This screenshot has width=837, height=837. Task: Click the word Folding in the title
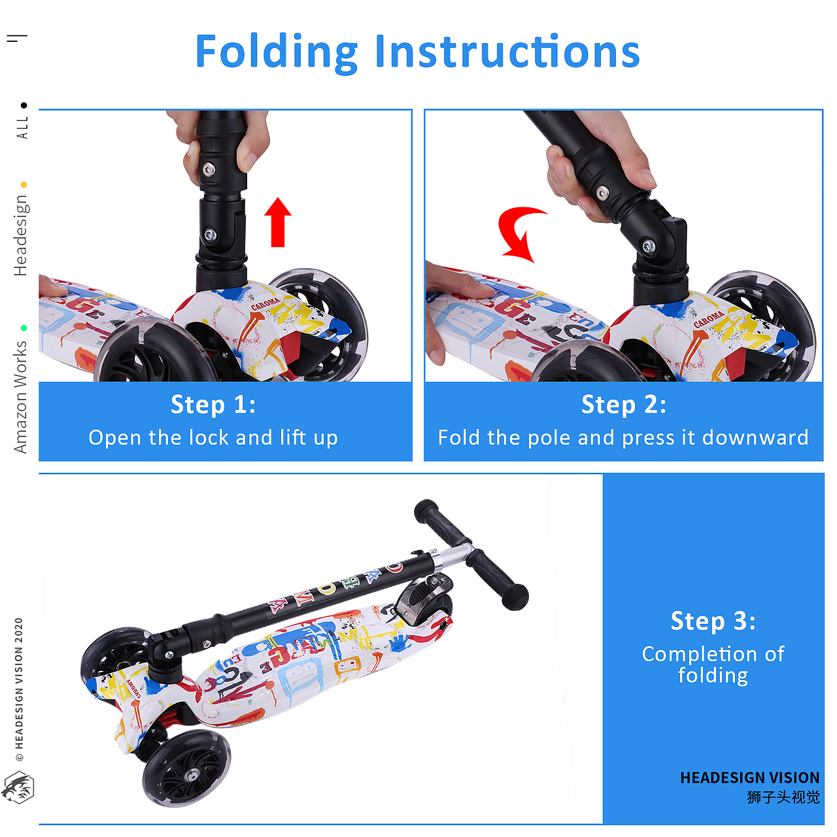click(x=277, y=53)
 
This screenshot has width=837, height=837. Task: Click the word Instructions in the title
click(x=507, y=51)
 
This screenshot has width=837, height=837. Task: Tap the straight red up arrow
click(x=278, y=222)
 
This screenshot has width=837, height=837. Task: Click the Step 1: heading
click(x=213, y=405)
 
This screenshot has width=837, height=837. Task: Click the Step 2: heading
click(x=623, y=405)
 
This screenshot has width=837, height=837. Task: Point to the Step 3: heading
click(x=713, y=621)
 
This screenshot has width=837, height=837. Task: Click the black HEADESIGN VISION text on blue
click(x=749, y=777)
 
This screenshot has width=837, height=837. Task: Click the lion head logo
click(x=18, y=787)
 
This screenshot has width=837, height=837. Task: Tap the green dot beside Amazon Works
click(x=24, y=328)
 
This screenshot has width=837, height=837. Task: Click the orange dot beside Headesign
click(x=24, y=184)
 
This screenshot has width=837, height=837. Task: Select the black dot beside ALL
click(x=24, y=105)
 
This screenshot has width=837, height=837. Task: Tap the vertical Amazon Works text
click(x=20, y=397)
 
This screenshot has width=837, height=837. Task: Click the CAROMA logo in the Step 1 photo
click(x=265, y=303)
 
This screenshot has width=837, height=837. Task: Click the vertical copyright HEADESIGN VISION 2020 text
click(x=19, y=689)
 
